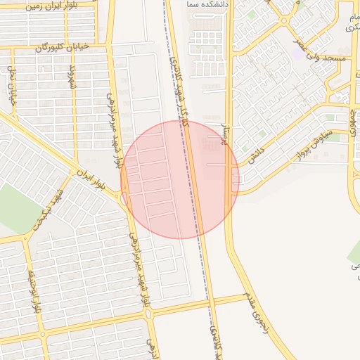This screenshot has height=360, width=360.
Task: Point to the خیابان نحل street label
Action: pyautogui.click(x=11, y=86)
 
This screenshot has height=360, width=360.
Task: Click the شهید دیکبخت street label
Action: pyautogui.click(x=48, y=210)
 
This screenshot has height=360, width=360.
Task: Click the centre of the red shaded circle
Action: pyautogui.click(x=179, y=179)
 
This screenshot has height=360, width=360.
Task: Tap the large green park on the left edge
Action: pyautogui.click(x=13, y=207)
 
